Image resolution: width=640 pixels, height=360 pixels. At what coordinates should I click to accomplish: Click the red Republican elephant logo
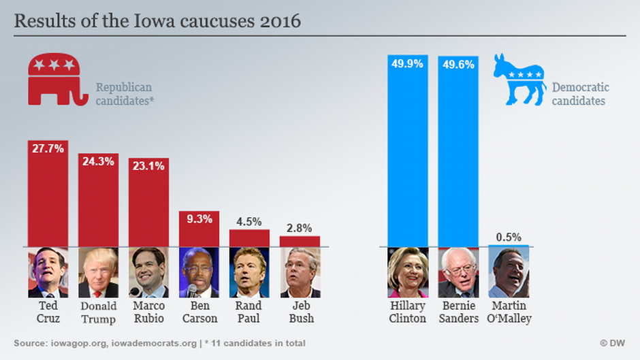click(x=57, y=80)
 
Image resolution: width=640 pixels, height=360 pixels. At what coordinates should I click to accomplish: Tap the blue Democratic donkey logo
click(x=519, y=80)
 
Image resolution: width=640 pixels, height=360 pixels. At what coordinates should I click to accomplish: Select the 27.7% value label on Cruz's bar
click(x=48, y=148)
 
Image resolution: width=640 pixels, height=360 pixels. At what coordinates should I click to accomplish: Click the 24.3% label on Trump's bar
click(x=98, y=161)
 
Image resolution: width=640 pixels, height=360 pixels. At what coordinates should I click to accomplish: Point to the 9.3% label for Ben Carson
click(x=199, y=218)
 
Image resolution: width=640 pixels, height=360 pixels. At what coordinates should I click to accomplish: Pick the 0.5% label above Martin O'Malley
click(x=509, y=237)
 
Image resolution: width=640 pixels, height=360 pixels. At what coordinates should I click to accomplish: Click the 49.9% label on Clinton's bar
click(x=407, y=64)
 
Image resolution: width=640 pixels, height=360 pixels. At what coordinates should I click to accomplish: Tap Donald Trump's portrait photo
click(x=98, y=272)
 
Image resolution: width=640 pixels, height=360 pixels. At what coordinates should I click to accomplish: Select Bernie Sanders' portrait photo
click(x=458, y=272)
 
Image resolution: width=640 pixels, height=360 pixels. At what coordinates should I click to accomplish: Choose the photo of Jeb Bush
click(x=300, y=272)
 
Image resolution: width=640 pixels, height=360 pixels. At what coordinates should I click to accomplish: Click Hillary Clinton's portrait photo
click(x=408, y=272)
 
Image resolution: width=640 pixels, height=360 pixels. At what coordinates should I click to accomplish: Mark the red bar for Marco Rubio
click(x=148, y=202)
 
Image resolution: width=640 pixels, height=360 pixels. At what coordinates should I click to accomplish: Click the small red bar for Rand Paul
click(x=249, y=238)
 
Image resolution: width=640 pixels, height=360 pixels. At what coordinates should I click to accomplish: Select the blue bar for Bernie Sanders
click(x=458, y=152)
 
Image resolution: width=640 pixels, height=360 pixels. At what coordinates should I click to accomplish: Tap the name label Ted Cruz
click(x=48, y=312)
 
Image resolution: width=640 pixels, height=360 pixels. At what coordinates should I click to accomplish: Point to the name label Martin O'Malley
click(x=509, y=312)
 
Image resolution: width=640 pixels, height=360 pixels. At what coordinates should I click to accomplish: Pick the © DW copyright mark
click(x=612, y=343)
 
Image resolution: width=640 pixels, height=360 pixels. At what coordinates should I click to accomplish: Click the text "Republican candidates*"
click(x=125, y=94)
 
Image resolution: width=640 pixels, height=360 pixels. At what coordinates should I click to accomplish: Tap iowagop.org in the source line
click(x=79, y=343)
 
